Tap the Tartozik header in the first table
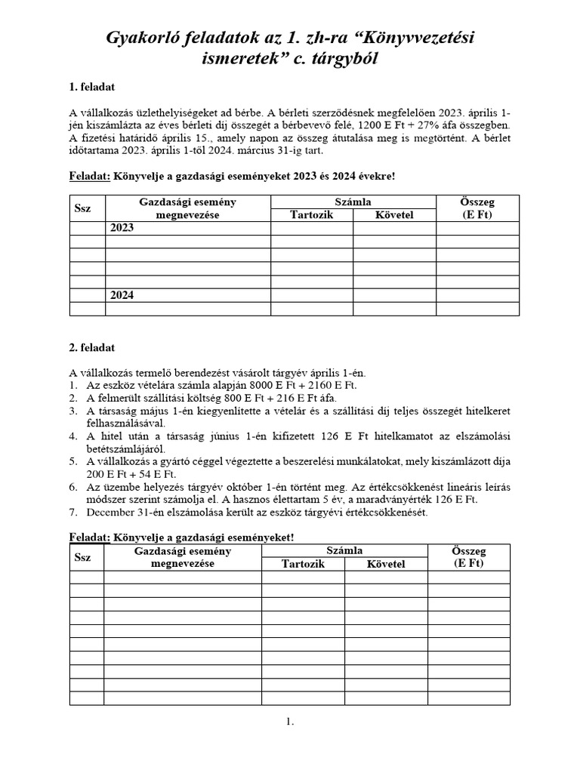click(x=311, y=215)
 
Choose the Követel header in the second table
click(x=386, y=564)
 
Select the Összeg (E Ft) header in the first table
click(x=477, y=208)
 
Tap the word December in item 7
click(x=112, y=513)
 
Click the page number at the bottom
click(x=289, y=722)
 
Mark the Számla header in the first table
click(x=353, y=202)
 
